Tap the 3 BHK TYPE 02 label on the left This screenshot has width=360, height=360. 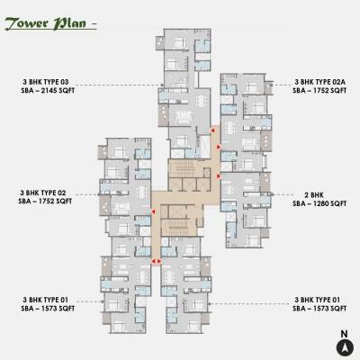tap(48, 193)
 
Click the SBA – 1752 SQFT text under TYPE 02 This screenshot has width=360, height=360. tap(48, 203)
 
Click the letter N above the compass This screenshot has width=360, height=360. tap(343, 333)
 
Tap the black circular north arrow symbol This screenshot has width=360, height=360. tap(343, 347)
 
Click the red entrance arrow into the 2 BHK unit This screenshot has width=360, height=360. tap(219, 177)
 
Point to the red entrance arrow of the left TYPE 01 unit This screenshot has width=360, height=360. tap(155, 262)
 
